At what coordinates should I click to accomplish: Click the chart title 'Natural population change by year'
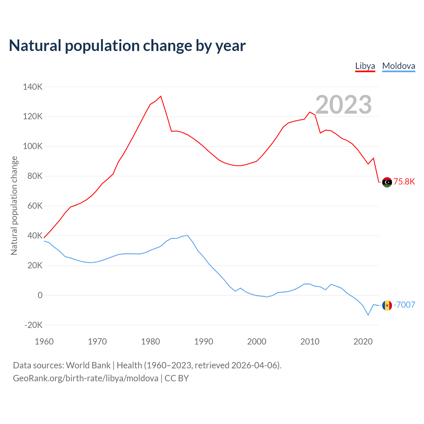(x=127, y=46)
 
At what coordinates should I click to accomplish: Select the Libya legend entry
(x=365, y=66)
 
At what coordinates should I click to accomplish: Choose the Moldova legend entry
(x=398, y=66)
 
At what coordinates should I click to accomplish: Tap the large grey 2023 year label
(x=344, y=105)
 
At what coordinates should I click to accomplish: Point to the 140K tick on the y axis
(x=33, y=87)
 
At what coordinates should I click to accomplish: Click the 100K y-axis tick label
(x=33, y=146)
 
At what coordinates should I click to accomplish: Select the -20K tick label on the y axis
(x=34, y=325)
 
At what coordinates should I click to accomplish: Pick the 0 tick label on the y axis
(x=40, y=295)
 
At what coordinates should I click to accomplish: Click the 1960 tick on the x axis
(x=44, y=342)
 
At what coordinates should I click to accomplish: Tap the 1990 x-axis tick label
(x=204, y=342)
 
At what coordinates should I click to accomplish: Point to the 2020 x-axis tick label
(x=363, y=342)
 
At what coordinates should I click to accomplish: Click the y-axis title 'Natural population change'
(x=14, y=206)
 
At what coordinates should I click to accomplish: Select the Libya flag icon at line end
(x=387, y=182)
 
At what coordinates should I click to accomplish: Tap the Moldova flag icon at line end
(x=387, y=305)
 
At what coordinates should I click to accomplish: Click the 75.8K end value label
(x=404, y=182)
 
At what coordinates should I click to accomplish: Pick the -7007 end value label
(x=404, y=305)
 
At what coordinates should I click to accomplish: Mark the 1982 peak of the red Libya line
(x=161, y=96)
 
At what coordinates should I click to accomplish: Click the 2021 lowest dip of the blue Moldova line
(x=368, y=315)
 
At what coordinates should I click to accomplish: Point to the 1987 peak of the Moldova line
(x=187, y=236)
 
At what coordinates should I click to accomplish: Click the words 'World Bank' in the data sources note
(x=88, y=365)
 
